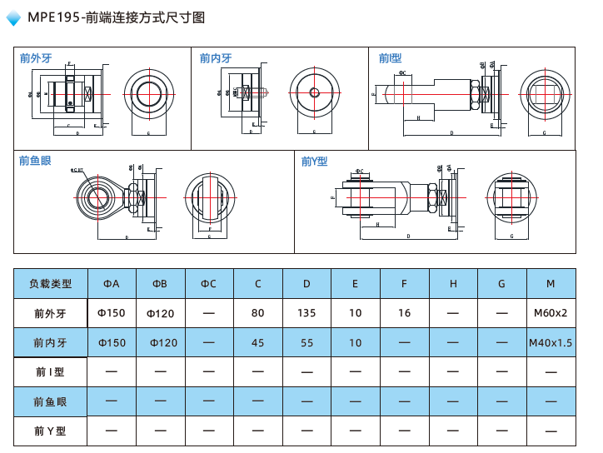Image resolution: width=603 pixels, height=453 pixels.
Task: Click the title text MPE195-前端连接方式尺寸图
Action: [116, 17]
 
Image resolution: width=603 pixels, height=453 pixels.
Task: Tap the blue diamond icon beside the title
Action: [14, 18]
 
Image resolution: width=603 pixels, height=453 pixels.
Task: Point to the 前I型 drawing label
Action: [390, 58]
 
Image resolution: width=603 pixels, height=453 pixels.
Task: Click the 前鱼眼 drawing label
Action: [35, 161]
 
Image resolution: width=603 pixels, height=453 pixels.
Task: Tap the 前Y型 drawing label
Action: [315, 162]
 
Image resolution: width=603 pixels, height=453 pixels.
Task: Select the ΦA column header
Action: [112, 284]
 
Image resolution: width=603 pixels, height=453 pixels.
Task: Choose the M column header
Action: [551, 284]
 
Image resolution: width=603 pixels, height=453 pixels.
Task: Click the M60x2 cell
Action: [551, 314]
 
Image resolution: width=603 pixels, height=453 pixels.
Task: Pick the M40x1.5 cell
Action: [551, 343]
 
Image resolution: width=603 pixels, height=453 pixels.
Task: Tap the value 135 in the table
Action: [306, 314]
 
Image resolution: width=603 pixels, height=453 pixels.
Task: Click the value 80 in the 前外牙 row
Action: [257, 314]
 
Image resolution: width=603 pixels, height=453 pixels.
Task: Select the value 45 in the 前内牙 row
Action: [257, 343]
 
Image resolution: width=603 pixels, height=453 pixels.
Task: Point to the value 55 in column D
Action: [306, 343]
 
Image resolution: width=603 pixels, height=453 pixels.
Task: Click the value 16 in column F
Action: [404, 314]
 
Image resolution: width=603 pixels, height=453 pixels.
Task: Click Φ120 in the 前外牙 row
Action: [160, 314]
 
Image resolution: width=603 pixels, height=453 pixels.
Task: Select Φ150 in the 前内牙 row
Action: [112, 343]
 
